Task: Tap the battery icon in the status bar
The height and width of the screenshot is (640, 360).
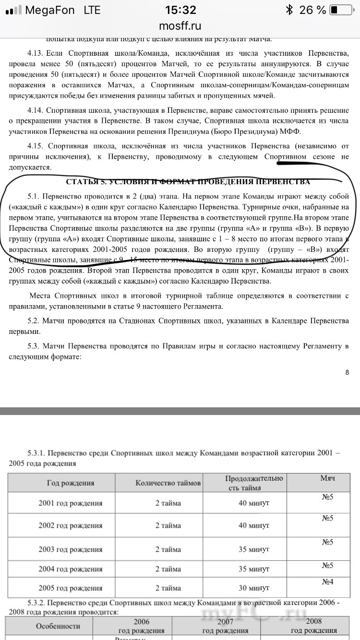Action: pos(341,10)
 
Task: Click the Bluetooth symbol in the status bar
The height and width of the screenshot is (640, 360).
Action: pos(289,10)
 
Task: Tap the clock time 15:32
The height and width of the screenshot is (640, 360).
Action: pos(180,10)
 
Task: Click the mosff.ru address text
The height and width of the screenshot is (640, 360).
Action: pos(180,26)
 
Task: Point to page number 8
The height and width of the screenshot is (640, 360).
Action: pos(347,372)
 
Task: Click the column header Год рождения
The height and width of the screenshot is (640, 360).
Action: pos(70,483)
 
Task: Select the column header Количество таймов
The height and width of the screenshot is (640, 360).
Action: pos(168,483)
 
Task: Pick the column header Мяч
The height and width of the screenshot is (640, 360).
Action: pos(327,479)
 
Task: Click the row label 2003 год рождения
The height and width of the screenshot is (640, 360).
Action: pos(70,549)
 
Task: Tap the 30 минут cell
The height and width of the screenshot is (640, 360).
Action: pos(254,588)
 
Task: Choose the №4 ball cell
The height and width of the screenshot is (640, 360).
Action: pos(327,582)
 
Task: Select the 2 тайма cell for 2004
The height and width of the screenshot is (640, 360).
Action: pos(168,569)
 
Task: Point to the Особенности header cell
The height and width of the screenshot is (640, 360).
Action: pos(58,626)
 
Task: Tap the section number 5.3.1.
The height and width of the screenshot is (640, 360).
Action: pos(38,452)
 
